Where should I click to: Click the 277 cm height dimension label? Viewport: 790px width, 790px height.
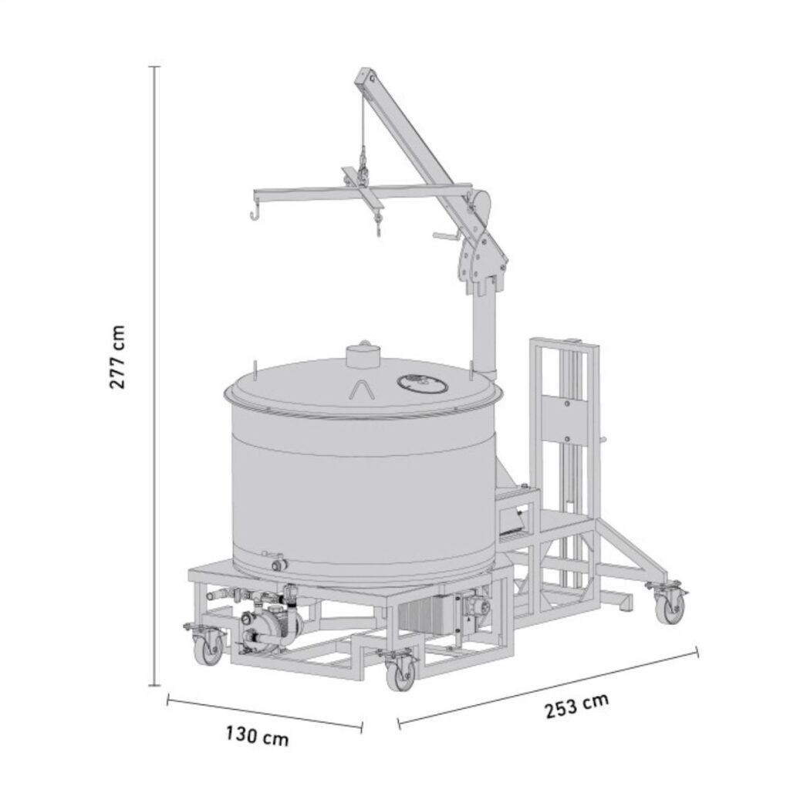point(117,356)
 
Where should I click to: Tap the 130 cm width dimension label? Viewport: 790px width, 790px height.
point(258,735)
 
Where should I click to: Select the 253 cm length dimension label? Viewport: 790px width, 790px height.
point(577,705)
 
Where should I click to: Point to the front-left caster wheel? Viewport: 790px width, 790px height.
point(208,649)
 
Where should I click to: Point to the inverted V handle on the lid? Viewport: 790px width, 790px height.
point(363,390)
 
